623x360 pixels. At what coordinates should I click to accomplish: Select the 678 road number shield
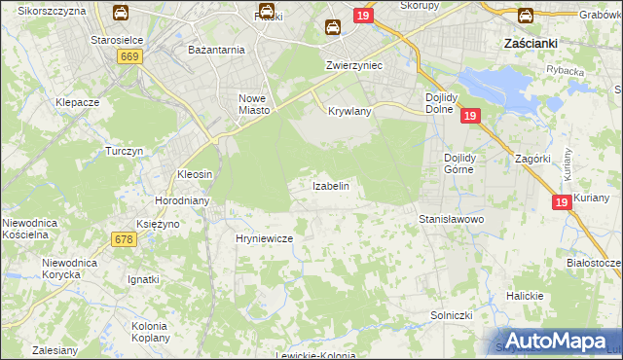click(124, 238)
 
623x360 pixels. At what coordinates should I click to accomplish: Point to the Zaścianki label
click(530, 44)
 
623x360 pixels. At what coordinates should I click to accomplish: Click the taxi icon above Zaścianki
click(525, 16)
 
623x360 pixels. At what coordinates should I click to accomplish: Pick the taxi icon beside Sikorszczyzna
click(121, 13)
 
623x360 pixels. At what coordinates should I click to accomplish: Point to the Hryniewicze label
click(264, 237)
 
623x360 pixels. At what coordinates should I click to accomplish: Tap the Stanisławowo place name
click(452, 220)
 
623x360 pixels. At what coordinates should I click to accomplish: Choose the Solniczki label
click(452, 316)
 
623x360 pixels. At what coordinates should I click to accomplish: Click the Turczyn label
click(126, 152)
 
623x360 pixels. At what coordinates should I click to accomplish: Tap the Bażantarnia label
click(216, 49)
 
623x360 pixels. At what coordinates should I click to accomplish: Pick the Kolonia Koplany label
click(150, 331)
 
